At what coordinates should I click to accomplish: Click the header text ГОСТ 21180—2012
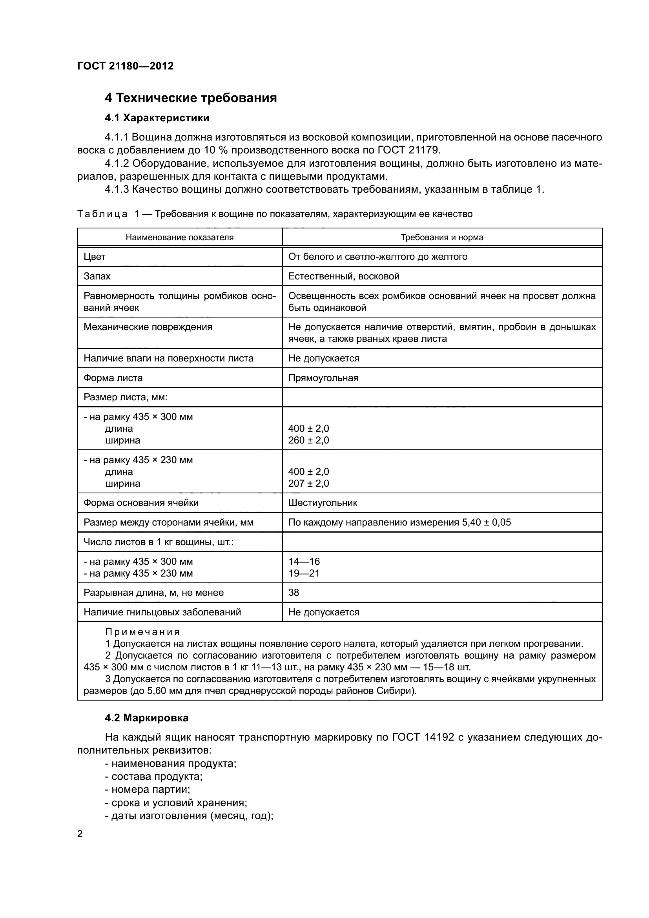[x=125, y=66]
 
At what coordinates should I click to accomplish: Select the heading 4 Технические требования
[x=191, y=98]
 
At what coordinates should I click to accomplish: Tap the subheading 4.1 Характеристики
[x=157, y=118]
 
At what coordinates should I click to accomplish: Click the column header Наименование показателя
[x=179, y=237]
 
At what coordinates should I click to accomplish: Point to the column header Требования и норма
[x=441, y=237]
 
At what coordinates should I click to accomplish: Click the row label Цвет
[x=94, y=257]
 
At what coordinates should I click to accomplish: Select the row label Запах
[x=97, y=276]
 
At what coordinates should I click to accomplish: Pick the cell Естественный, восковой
[x=344, y=276]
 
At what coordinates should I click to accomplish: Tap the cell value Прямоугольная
[x=323, y=378]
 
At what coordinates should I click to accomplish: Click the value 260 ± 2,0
[x=308, y=440]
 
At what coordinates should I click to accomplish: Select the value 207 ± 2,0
[x=308, y=484]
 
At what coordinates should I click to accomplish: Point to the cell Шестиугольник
[x=323, y=503]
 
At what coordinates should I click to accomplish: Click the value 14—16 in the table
[x=304, y=561]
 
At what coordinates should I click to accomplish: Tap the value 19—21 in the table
[x=304, y=573]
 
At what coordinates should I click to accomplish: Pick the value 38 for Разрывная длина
[x=294, y=593]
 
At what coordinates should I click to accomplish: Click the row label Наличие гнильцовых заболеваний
[x=162, y=612]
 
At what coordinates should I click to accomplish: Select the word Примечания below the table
[x=142, y=632]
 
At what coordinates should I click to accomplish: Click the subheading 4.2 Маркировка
[x=146, y=718]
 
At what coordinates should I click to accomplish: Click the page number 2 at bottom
[x=80, y=834]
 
